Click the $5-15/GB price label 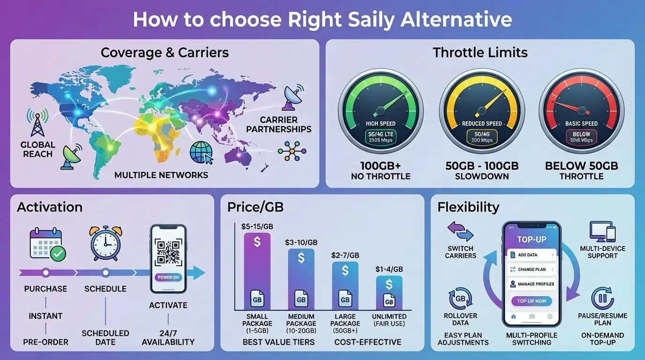click(x=257, y=226)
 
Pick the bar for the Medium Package click(x=301, y=279)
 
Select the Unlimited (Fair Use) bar click(x=389, y=292)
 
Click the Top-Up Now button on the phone click(x=532, y=301)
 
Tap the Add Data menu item click(x=532, y=255)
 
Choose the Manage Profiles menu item click(x=532, y=284)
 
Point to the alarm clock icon click(x=105, y=243)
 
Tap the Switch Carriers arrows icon click(x=460, y=232)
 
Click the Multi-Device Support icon click(x=602, y=232)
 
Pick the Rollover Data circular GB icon click(x=460, y=299)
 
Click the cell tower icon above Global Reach click(x=37, y=123)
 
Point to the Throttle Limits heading click(x=480, y=52)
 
